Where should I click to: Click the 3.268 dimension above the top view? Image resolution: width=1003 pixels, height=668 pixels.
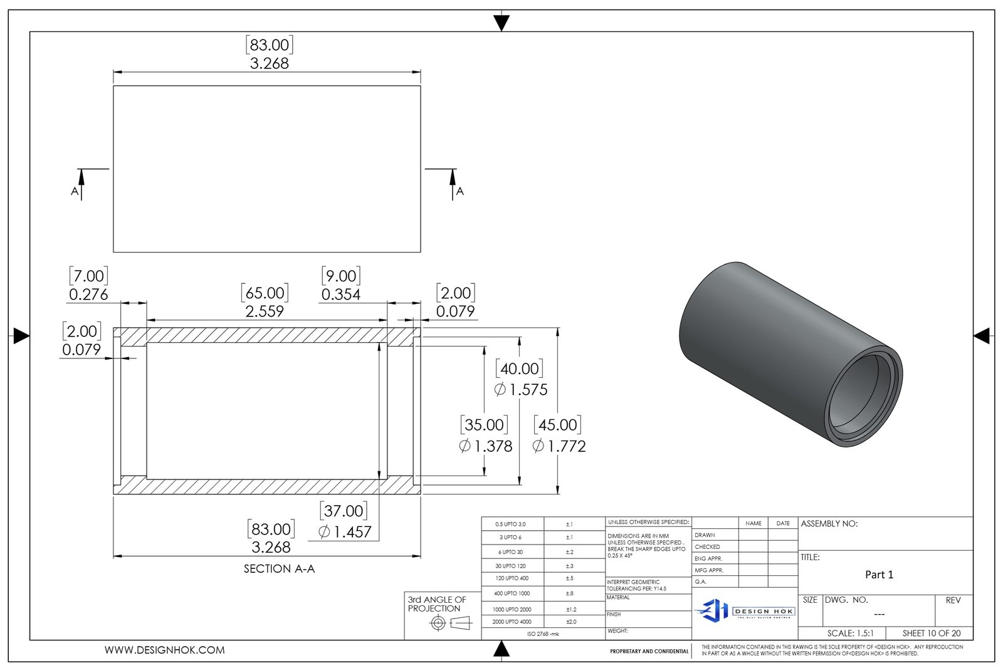pyautogui.click(x=269, y=63)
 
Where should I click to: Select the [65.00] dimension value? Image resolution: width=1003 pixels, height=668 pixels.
pyautogui.click(x=265, y=293)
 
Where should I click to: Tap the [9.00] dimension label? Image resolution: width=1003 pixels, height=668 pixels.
pyautogui.click(x=340, y=276)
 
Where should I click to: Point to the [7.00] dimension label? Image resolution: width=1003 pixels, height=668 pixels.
pyautogui.click(x=88, y=276)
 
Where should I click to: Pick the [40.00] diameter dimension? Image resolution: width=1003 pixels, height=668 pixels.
pyautogui.click(x=519, y=368)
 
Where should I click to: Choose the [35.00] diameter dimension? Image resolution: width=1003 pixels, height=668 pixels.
pyautogui.click(x=483, y=425)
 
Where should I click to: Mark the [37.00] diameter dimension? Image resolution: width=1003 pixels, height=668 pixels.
pyautogui.click(x=344, y=511)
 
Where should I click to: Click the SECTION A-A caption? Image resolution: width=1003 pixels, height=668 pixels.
pyautogui.click(x=279, y=569)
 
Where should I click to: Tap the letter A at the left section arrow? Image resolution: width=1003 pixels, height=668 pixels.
pyautogui.click(x=75, y=191)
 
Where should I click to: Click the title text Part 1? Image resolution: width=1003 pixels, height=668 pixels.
pyautogui.click(x=879, y=575)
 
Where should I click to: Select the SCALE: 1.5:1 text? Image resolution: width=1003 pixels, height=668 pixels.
pyautogui.click(x=850, y=633)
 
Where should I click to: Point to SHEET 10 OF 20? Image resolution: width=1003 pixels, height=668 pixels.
pyautogui.click(x=931, y=633)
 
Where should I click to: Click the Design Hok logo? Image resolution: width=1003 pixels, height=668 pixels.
pyautogui.click(x=745, y=610)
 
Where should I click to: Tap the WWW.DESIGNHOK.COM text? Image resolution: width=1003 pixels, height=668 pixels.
pyautogui.click(x=164, y=650)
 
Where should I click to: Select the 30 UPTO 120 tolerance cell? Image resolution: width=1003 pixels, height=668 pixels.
pyautogui.click(x=511, y=566)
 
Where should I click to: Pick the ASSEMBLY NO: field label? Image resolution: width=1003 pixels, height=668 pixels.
pyautogui.click(x=829, y=524)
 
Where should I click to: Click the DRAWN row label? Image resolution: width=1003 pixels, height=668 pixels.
pyautogui.click(x=705, y=535)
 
